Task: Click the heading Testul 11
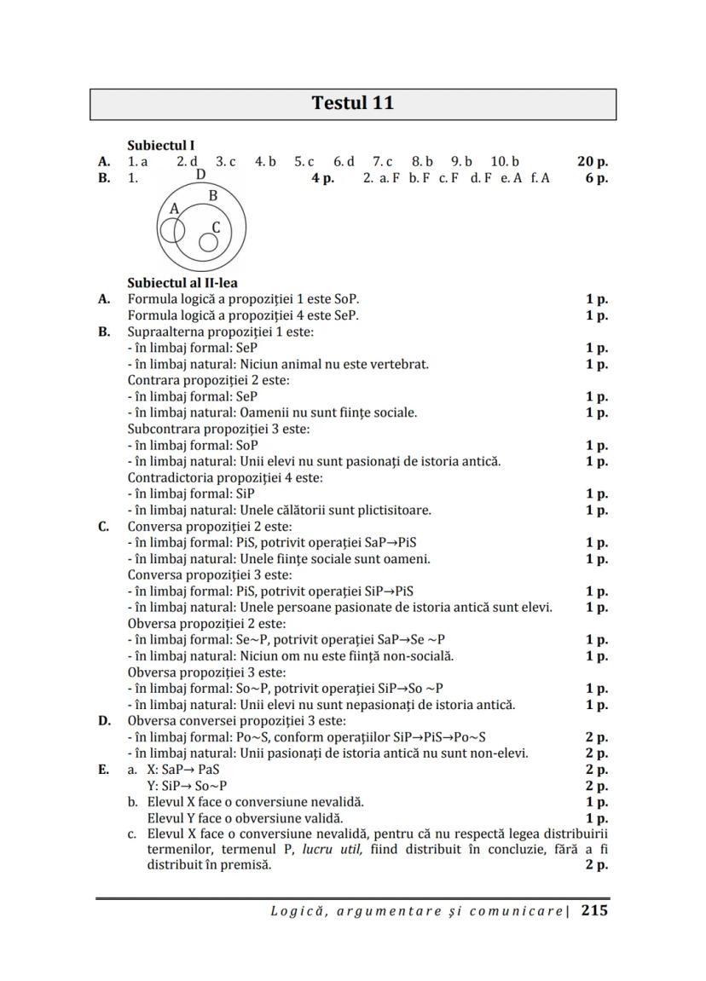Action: [353, 104]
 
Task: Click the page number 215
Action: [594, 910]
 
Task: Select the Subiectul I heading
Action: [161, 146]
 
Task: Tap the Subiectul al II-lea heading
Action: [182, 283]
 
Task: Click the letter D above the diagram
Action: [200, 175]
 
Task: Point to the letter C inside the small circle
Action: [216, 228]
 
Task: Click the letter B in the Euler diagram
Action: [213, 196]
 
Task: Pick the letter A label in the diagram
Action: [174, 208]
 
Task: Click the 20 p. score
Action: [592, 161]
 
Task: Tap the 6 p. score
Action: [596, 178]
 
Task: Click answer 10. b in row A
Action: [505, 161]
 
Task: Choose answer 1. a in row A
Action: [138, 161]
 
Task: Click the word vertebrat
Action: [400, 364]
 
